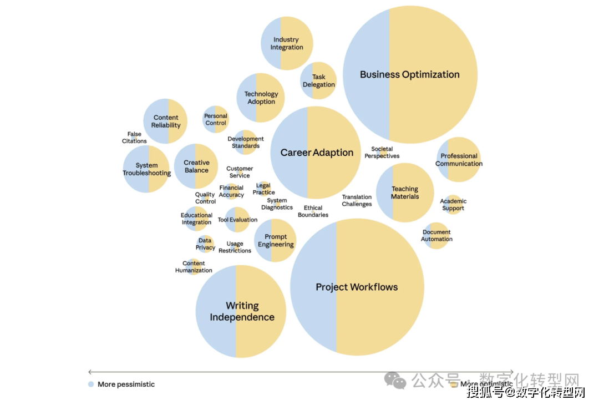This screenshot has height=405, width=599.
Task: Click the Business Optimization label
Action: [409, 74]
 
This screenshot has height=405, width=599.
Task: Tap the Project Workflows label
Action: [357, 287]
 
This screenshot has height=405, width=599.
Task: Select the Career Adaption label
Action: [317, 153]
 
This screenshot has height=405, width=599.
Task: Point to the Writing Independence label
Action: [242, 311]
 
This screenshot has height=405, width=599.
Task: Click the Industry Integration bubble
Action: [287, 43]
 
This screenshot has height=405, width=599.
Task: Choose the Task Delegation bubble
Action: [318, 81]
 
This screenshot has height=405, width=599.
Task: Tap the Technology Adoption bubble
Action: [261, 98]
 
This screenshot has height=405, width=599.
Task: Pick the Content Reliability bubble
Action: [165, 121]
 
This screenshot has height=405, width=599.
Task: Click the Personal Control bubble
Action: [216, 119]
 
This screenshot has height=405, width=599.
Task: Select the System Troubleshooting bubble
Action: [146, 169]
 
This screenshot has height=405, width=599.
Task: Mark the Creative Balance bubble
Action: [196, 166]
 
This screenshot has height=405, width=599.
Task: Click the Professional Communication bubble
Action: [459, 160]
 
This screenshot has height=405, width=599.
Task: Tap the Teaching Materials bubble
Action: [405, 193]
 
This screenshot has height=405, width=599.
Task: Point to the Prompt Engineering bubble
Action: [275, 240]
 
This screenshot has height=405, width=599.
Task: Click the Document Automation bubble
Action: [436, 235]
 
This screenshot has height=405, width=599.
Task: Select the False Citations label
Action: [134, 138]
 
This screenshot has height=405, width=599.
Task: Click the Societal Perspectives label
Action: [382, 153]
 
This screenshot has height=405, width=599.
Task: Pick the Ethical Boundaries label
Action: [313, 211]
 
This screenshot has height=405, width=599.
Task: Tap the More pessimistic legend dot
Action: [91, 384]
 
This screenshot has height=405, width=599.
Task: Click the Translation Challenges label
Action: [357, 200]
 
